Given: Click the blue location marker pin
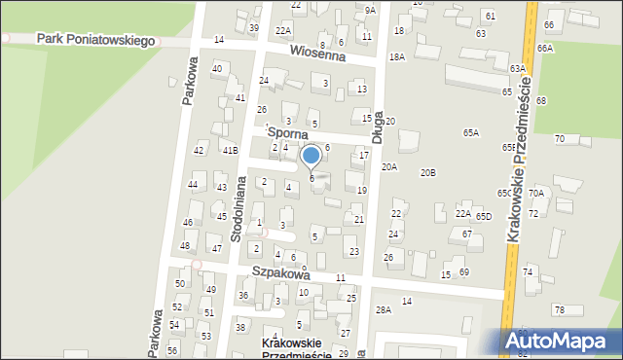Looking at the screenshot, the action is click(x=311, y=157).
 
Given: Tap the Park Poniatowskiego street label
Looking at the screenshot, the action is click(x=96, y=40).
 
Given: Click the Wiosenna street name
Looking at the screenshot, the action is click(x=317, y=55).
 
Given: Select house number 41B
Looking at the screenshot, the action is click(x=229, y=151).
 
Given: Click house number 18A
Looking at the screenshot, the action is click(x=396, y=57).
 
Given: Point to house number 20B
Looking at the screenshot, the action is click(x=428, y=173).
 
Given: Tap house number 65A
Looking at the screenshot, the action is click(x=471, y=133).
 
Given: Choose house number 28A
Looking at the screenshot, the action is click(x=384, y=309).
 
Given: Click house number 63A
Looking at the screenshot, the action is click(x=517, y=68).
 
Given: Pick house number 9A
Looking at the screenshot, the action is click(x=370, y=10).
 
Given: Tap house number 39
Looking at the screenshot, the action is click(x=254, y=28).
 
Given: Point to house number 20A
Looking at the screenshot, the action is click(x=389, y=167).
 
